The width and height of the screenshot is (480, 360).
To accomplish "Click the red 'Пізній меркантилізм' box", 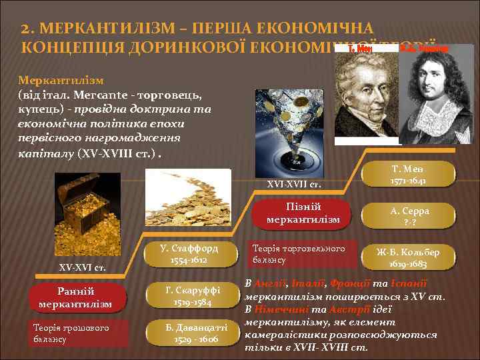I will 304,213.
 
